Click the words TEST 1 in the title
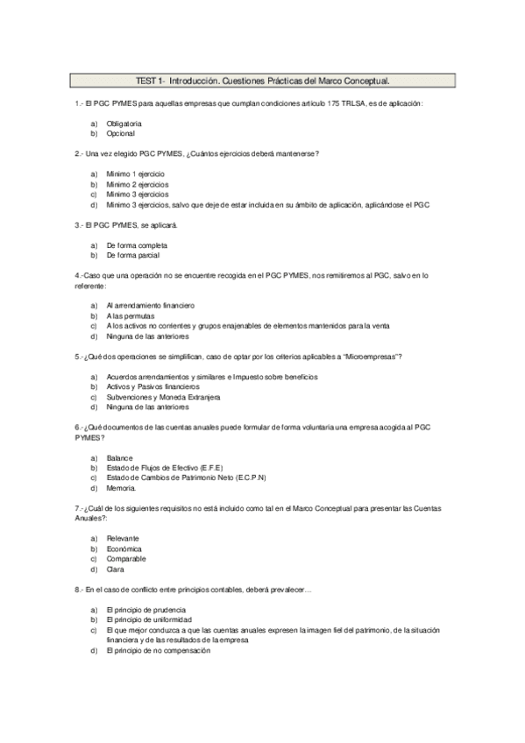click(x=150, y=81)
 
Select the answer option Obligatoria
click(x=124, y=124)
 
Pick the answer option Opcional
click(x=120, y=134)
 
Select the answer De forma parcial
click(x=133, y=255)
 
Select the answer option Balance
click(x=119, y=457)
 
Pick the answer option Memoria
click(x=121, y=488)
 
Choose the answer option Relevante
click(x=123, y=538)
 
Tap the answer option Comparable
click(x=126, y=558)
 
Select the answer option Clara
click(x=115, y=569)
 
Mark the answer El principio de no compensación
click(x=158, y=650)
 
